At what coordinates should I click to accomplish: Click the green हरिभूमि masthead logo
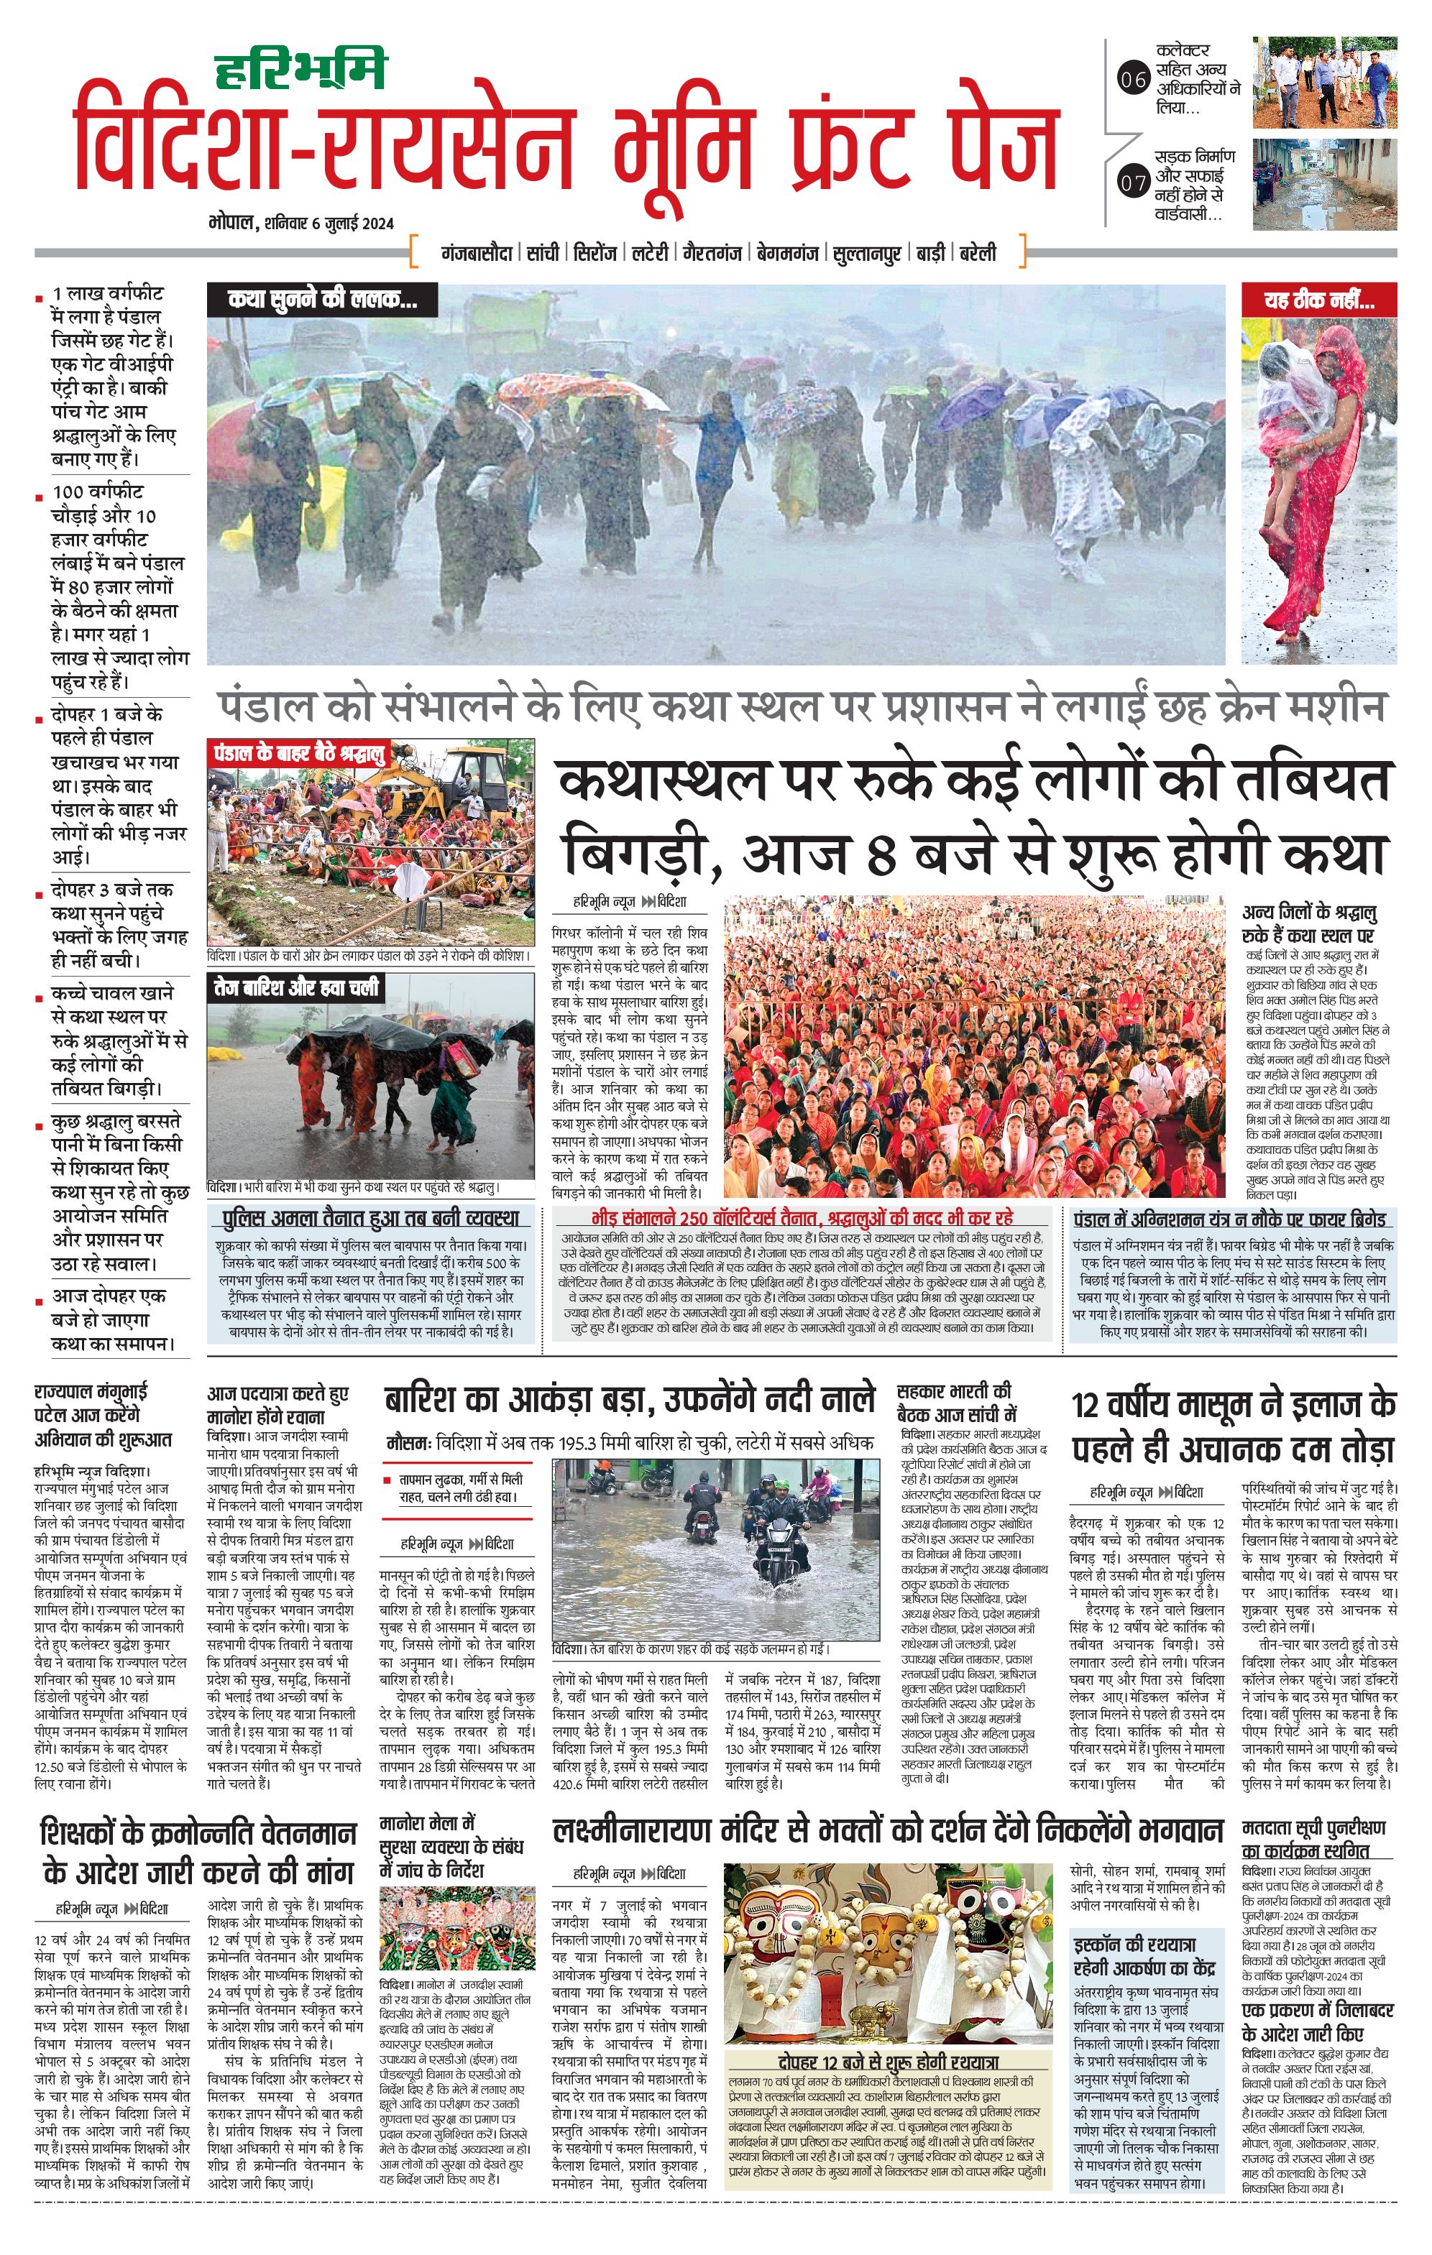(x=300, y=68)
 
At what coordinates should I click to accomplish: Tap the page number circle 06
(x=1133, y=80)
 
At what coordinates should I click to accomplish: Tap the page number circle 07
(x=1133, y=182)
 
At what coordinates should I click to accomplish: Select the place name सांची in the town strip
(x=542, y=253)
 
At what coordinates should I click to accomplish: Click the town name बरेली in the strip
(x=978, y=253)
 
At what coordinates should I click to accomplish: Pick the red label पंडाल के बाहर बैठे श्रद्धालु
(x=300, y=754)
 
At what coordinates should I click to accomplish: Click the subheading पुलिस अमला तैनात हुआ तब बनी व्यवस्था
(x=370, y=1218)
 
